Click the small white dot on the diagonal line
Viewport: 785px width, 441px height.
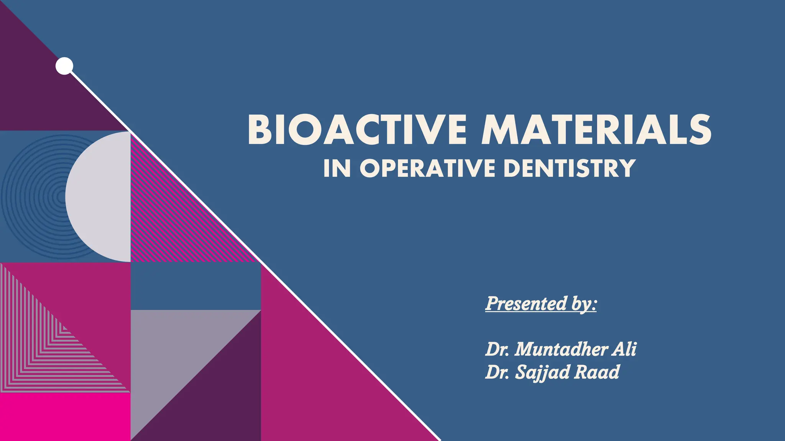pyautogui.click(x=64, y=66)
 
